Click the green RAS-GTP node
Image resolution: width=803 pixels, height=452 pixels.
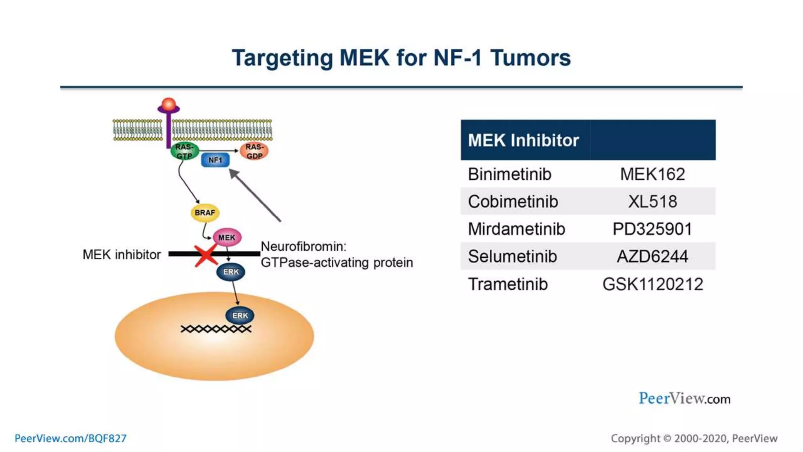point(184,151)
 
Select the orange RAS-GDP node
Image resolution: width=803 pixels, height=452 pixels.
point(254,151)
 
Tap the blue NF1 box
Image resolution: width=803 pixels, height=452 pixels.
point(215,160)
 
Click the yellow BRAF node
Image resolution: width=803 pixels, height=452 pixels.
point(205,213)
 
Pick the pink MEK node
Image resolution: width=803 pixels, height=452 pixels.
point(227,237)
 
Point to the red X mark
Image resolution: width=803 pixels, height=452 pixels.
point(206,255)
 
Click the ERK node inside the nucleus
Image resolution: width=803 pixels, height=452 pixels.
point(240,315)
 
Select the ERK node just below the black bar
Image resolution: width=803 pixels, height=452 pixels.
point(231,272)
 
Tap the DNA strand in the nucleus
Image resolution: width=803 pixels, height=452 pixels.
point(216,329)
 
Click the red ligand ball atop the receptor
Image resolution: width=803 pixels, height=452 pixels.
point(169,104)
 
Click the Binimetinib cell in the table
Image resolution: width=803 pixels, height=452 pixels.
point(509,174)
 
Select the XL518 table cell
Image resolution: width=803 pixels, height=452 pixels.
point(652,202)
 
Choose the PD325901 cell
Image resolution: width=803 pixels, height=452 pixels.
point(652,229)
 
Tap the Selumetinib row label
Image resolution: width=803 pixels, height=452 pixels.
point(512,257)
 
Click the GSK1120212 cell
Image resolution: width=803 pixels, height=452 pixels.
point(652,284)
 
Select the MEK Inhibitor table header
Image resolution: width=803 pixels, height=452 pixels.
point(523,140)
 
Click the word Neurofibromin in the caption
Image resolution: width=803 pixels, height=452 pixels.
point(303,246)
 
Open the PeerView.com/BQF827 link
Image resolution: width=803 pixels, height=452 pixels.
point(71,438)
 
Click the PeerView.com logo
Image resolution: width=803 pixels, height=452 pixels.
point(684,399)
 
